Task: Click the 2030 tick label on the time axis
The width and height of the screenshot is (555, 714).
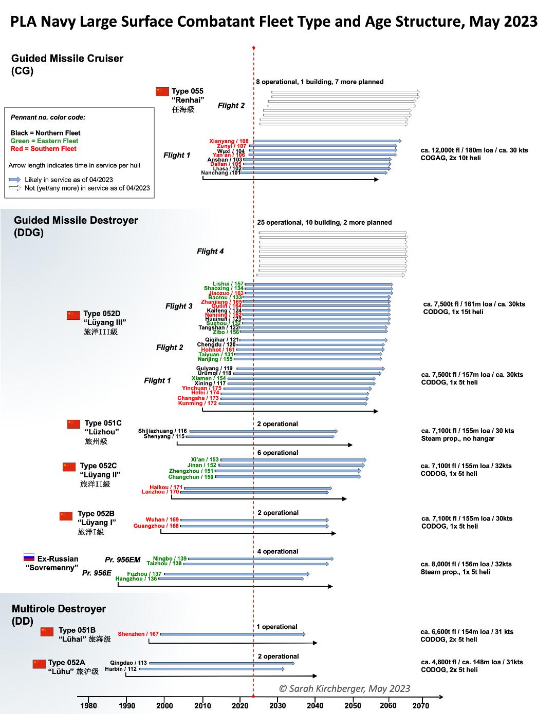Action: click(x=278, y=705)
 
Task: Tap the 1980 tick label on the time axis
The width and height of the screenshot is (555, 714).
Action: click(x=88, y=705)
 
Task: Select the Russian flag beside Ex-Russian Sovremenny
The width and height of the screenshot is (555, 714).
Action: click(x=29, y=557)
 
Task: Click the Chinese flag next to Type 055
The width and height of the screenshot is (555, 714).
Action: click(x=162, y=91)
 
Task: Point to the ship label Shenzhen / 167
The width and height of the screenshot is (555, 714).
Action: click(x=138, y=634)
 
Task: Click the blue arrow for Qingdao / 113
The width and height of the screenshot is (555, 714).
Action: click(x=222, y=663)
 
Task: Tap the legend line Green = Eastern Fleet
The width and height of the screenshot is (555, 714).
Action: click(x=44, y=141)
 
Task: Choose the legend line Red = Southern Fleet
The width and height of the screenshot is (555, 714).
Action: click(x=43, y=149)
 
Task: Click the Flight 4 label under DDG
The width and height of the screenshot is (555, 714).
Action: click(x=210, y=251)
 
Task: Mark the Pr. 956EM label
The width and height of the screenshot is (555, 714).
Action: click(x=122, y=559)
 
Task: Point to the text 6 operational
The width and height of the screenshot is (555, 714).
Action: click(x=277, y=453)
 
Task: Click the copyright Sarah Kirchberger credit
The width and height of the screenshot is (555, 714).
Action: click(x=344, y=688)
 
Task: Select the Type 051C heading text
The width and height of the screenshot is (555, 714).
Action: click(x=103, y=423)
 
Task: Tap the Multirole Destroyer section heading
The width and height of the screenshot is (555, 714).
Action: click(x=59, y=609)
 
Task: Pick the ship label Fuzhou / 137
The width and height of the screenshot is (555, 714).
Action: click(x=144, y=574)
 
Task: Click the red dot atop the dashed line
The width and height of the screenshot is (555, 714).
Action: click(x=254, y=48)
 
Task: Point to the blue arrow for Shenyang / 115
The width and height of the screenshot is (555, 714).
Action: click(x=260, y=437)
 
